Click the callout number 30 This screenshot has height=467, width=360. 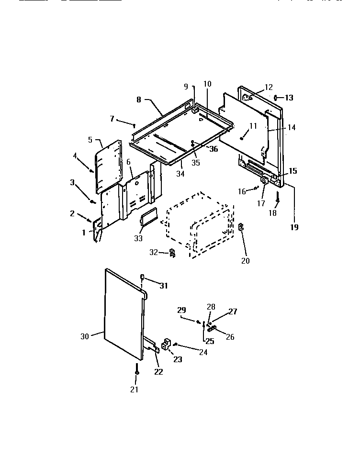tap(84, 336)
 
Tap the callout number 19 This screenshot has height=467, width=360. tap(294, 227)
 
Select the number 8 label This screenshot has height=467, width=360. tap(138, 100)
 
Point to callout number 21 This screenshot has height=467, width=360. tap(134, 389)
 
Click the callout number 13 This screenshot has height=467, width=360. tap(289, 98)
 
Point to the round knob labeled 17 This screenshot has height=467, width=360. tap(264, 181)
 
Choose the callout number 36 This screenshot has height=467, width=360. tap(213, 149)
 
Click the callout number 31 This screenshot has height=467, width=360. tap(164, 286)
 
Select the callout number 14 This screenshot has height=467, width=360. tap(292, 128)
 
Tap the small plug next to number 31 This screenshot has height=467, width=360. tap(142, 277)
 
